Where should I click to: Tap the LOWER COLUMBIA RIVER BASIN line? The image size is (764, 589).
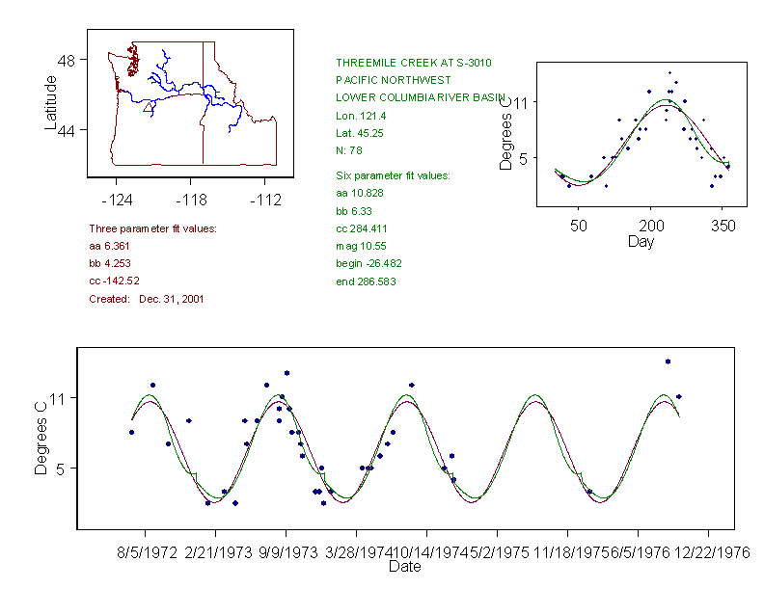click(421, 97)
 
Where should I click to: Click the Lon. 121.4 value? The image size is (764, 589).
click(359, 116)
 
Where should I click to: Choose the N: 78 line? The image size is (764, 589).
click(348, 151)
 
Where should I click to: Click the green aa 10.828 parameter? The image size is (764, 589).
click(355, 194)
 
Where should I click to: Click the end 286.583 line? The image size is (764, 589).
click(366, 281)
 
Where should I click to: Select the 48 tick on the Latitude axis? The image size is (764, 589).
click(67, 60)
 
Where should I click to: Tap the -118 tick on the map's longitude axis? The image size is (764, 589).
click(190, 200)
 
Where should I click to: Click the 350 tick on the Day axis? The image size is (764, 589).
click(723, 226)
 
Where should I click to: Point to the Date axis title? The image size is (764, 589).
click(404, 567)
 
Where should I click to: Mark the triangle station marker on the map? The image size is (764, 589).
click(148, 108)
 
